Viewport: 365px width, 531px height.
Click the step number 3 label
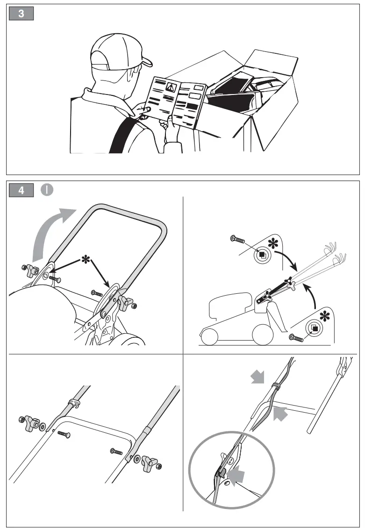21,14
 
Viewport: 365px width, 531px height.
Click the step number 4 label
21,190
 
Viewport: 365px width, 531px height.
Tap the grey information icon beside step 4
46,190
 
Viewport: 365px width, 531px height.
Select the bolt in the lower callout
296,337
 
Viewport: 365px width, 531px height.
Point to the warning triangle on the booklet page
171,87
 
